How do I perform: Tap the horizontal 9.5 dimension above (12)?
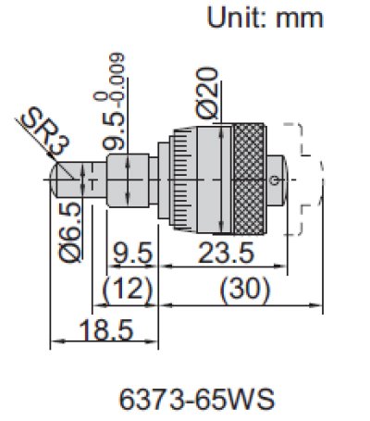click(129, 253)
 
